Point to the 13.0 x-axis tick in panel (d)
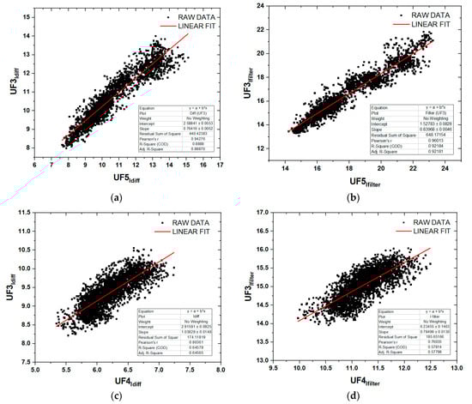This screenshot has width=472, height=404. point(456,366)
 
